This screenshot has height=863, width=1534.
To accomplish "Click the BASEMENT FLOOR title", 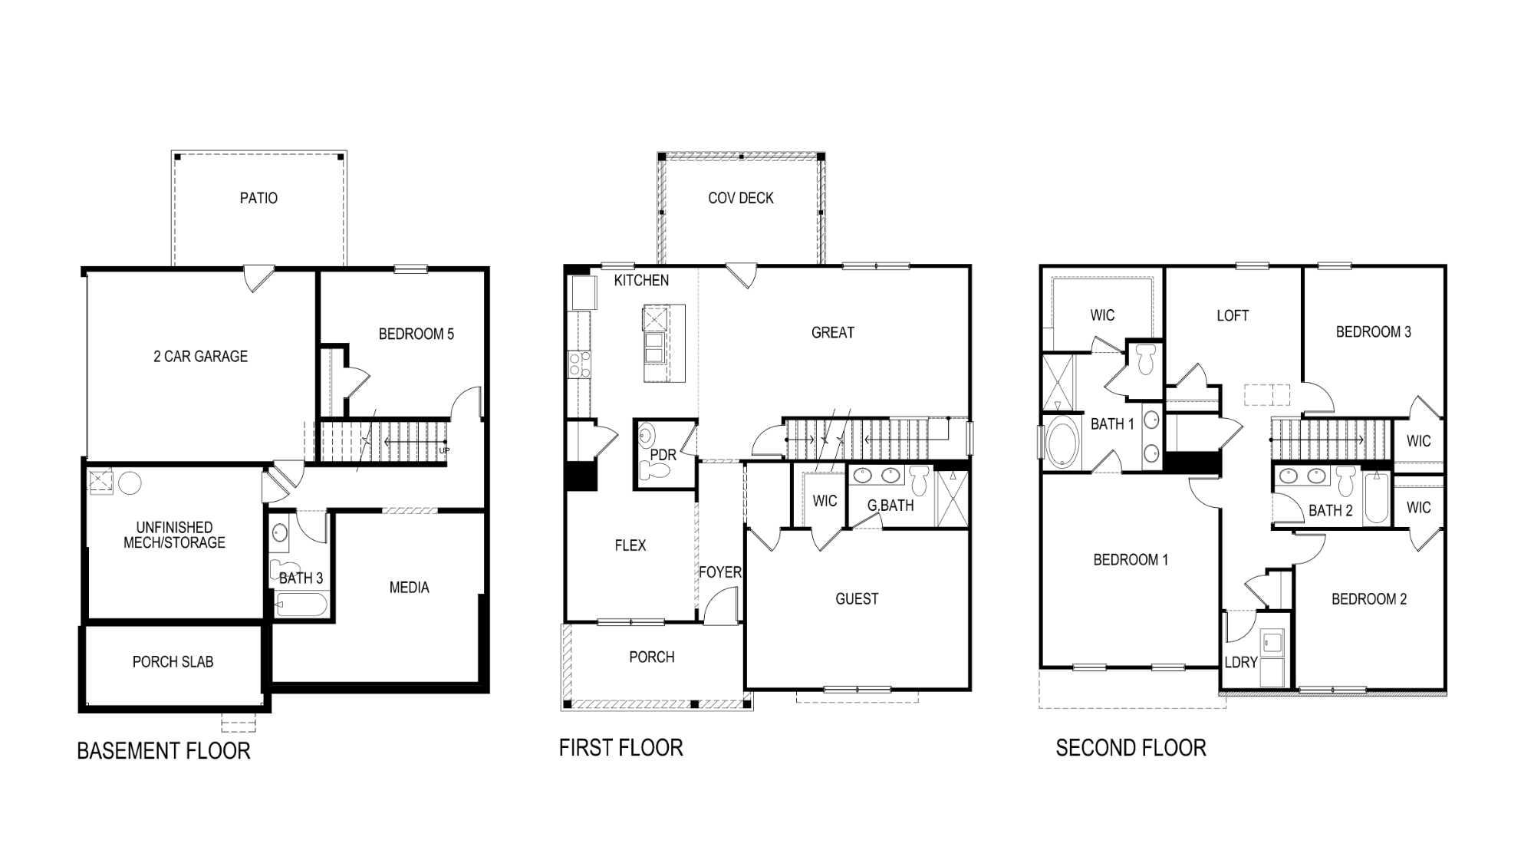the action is point(163,750).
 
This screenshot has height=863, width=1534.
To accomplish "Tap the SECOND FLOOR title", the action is point(1131,748).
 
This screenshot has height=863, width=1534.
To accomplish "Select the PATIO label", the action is point(258,198).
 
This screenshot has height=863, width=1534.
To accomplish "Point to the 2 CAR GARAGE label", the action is point(200,356).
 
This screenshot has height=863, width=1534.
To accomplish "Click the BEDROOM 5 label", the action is point(416,334).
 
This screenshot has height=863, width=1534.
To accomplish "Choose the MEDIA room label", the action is point(409,588).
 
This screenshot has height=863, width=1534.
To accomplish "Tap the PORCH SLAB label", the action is point(173,661).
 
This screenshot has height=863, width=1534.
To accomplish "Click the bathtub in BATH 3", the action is point(301,604).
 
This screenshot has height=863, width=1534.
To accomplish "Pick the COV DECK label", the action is point(741,198).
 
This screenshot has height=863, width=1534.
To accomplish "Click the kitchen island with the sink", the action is point(664,343).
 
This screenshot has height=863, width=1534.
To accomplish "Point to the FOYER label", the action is point(719,572).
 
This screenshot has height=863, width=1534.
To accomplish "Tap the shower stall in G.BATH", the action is point(953,499).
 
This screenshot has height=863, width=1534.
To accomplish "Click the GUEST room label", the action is point(857,599).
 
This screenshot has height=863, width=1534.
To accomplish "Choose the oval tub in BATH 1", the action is point(1062,443).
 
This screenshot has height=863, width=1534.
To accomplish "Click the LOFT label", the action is point(1233,315).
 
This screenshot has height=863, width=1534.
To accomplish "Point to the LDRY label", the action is point(1241,662).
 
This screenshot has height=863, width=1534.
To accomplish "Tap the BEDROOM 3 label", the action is point(1374,332).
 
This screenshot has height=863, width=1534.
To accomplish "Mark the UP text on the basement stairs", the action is point(444,450).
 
